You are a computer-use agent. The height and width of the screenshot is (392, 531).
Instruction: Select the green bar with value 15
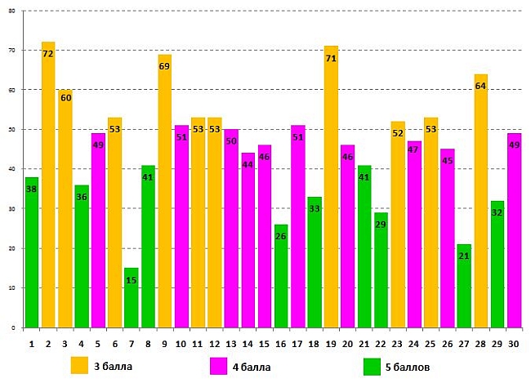click(x=131, y=297)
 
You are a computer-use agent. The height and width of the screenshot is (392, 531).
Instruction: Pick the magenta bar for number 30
click(x=514, y=229)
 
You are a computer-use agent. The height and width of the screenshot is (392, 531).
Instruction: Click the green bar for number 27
click(x=464, y=285)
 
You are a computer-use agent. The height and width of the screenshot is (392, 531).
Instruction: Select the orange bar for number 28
click(x=480, y=200)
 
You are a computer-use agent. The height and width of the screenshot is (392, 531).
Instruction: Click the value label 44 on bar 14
click(x=248, y=164)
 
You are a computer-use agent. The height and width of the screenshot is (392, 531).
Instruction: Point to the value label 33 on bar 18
click(x=315, y=208)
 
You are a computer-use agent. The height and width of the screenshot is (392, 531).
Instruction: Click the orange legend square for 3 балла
click(x=79, y=365)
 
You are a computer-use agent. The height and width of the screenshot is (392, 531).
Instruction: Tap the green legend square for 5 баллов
click(x=372, y=366)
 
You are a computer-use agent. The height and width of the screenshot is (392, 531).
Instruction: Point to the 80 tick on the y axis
click(x=11, y=11)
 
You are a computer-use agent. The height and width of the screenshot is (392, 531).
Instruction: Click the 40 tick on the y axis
click(x=11, y=169)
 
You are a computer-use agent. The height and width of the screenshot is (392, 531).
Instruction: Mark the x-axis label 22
click(x=381, y=345)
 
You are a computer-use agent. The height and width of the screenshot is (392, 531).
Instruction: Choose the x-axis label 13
click(x=231, y=345)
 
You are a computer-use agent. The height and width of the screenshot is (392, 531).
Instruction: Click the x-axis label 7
click(x=131, y=345)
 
